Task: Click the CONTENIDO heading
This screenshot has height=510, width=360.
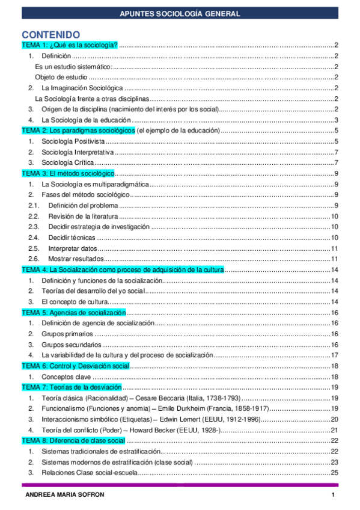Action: tap(50, 34)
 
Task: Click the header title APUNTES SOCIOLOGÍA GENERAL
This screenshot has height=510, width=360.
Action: tap(180, 13)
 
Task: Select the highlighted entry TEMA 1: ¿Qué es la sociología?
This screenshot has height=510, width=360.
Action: tap(69, 45)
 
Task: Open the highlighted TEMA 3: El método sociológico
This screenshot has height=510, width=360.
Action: tap(67, 173)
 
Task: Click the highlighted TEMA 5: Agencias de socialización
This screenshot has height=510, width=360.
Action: tap(74, 313)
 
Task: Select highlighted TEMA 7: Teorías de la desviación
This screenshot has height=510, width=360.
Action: tap(72, 387)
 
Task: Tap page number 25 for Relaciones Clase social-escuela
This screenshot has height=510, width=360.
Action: tap(335, 473)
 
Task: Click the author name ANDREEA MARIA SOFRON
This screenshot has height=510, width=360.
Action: tap(58, 494)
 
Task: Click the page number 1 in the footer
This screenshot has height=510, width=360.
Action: tap(332, 494)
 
